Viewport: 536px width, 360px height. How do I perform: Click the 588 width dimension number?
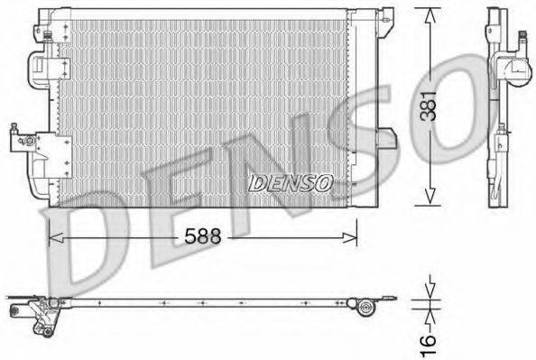coord(202,237)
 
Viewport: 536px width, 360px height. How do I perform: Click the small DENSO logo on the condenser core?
coord(291,182)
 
